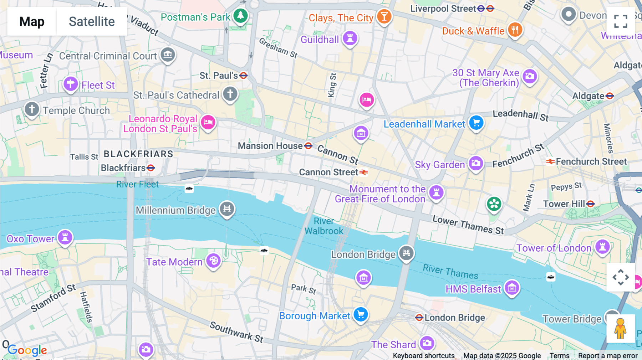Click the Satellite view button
tap(92, 21)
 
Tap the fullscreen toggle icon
tap(621, 21)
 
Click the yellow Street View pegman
tap(621, 328)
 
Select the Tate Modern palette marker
tap(213, 261)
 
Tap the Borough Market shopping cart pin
tap(361, 314)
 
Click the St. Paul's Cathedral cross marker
tap(230, 94)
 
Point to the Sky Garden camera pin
tap(475, 164)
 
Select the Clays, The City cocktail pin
tap(384, 16)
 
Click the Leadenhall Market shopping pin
tap(476, 123)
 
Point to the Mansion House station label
tap(270, 146)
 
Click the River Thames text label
tap(450, 271)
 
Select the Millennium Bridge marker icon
tap(227, 209)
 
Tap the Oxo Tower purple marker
tap(65, 237)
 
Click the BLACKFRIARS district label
tap(138, 154)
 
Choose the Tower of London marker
tap(602, 246)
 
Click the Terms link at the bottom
tap(559, 355)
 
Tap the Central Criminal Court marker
tap(168, 55)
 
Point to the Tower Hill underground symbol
tap(591, 204)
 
